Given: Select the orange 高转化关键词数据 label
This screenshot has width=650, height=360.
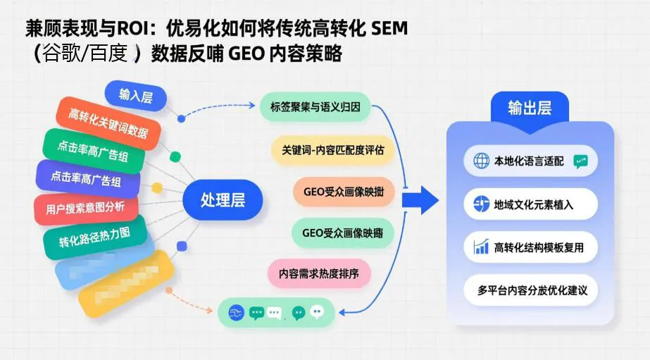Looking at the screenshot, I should pyautogui.click(x=108, y=123).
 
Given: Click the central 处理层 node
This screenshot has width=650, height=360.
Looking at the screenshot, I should pyautogui.click(x=223, y=199).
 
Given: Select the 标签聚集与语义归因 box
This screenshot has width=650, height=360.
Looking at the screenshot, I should pyautogui.click(x=315, y=107).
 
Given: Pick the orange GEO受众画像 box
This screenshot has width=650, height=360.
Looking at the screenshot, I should pyautogui.click(x=343, y=192).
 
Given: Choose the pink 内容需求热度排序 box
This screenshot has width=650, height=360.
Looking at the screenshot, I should pyautogui.click(x=318, y=273).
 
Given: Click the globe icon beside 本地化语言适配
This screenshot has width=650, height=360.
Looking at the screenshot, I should pyautogui.click(x=482, y=161).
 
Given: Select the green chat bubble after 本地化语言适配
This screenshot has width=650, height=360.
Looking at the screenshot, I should pyautogui.click(x=580, y=161).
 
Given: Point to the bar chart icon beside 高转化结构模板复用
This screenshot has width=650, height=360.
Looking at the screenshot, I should pyautogui.click(x=482, y=247).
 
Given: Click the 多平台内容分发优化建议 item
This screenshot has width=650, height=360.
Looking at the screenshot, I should pyautogui.click(x=532, y=290).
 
